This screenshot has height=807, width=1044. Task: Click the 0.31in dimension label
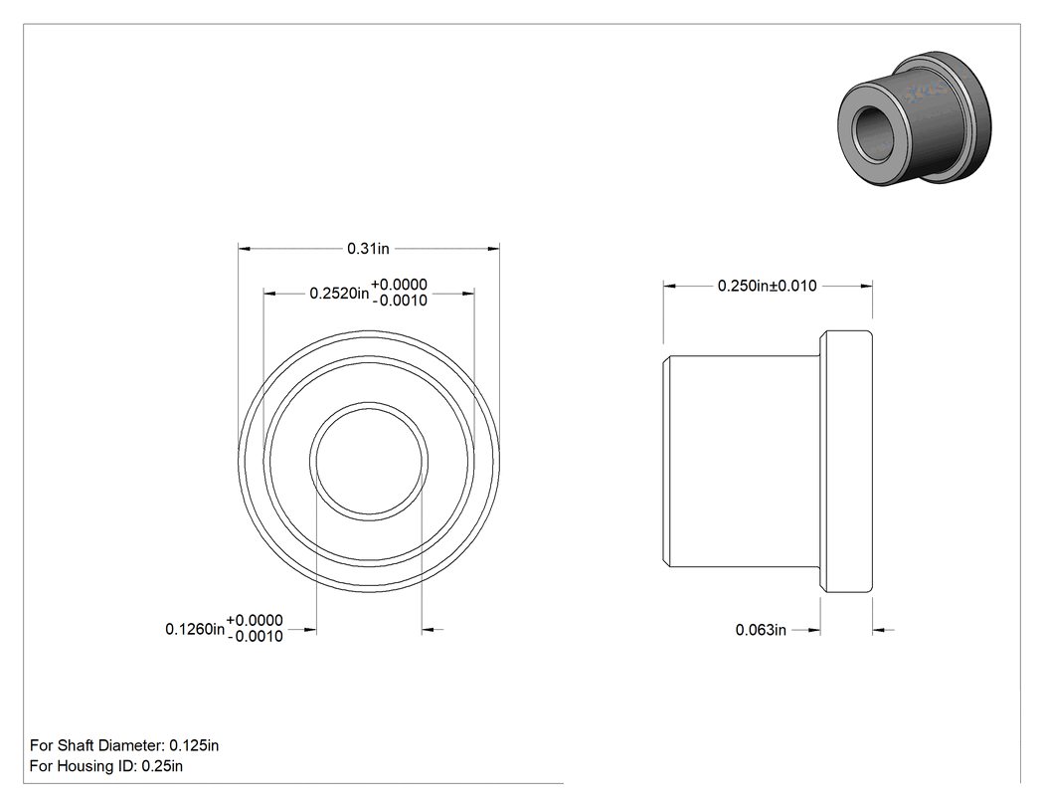click(368, 249)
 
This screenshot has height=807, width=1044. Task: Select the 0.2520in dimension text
click(339, 294)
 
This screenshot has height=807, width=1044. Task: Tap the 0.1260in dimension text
click(195, 629)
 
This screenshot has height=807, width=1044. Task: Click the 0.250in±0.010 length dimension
click(767, 286)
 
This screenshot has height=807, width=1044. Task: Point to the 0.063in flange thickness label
click(761, 630)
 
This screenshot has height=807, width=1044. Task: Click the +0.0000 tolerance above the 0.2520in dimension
click(399, 285)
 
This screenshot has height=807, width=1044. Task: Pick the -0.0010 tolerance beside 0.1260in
click(255, 637)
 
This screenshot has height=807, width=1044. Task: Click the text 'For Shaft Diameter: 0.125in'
click(124, 745)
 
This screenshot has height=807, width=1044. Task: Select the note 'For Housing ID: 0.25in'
click(106, 765)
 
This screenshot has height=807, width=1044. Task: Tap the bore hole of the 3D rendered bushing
click(872, 130)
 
